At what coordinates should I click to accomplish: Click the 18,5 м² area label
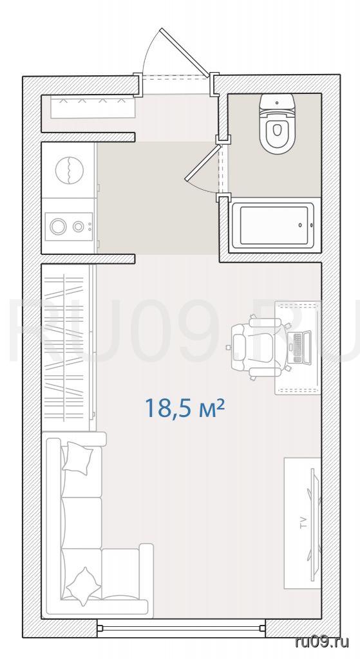(184, 407)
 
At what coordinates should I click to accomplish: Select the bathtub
(273, 225)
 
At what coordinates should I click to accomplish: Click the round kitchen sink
(70, 170)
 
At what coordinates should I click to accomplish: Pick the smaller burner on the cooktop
(78, 227)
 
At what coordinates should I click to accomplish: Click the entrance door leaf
(185, 52)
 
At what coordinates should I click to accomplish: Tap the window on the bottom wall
(181, 628)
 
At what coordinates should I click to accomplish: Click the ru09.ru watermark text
(322, 642)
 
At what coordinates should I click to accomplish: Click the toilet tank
(276, 102)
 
